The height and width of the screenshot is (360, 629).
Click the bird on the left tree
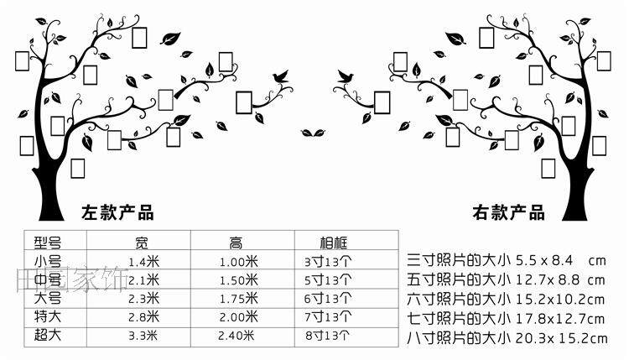coord(280,78)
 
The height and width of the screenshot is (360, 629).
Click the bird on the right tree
coord(344,78)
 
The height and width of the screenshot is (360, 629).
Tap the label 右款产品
coord(508,211)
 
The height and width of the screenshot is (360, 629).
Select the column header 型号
coord(49,243)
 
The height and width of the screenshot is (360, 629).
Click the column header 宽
coord(143,243)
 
